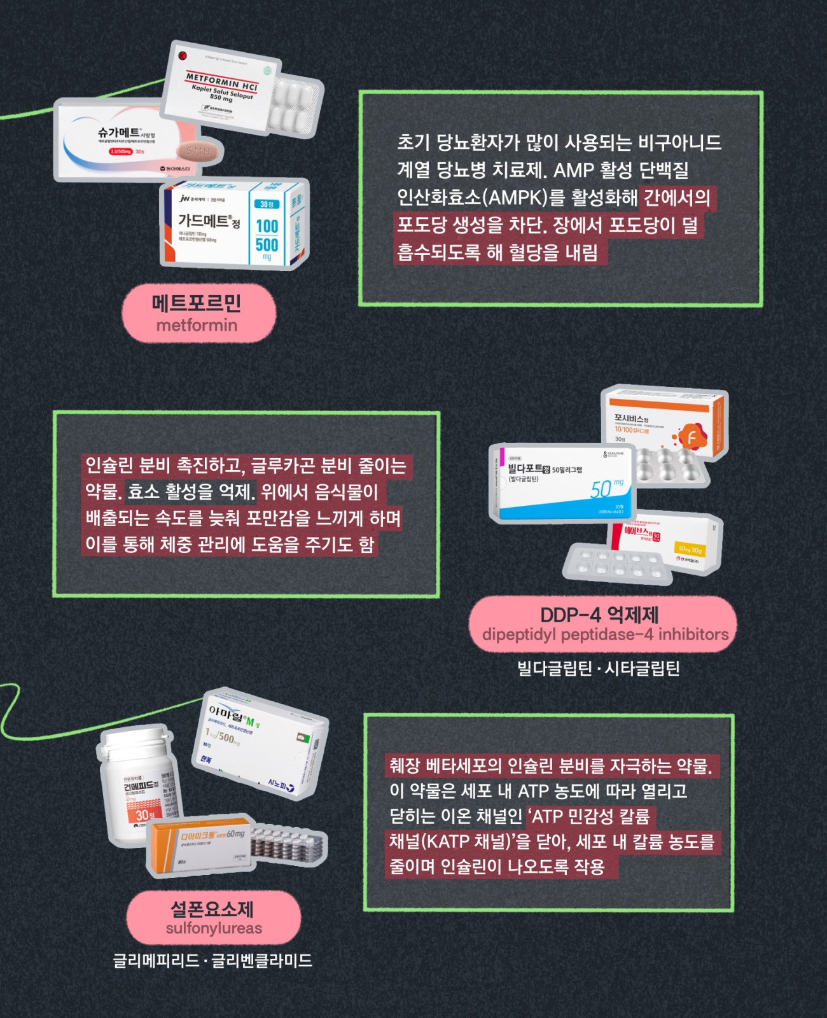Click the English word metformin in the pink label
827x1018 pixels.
(197, 326)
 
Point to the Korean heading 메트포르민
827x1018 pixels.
(197, 303)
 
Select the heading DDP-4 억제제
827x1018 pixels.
(599, 615)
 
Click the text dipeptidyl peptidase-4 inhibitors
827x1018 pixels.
(605, 634)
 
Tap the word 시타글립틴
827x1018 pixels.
(642, 669)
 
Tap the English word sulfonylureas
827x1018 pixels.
(214, 928)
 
